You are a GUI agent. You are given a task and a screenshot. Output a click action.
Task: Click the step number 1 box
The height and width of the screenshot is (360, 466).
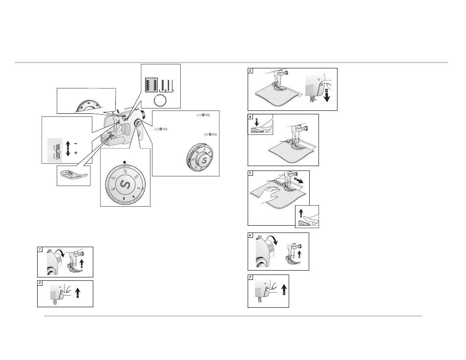[40, 250]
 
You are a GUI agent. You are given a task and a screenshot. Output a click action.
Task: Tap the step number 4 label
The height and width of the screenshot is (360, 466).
[250, 117]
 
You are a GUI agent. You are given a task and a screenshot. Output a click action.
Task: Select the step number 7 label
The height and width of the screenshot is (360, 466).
[250, 277]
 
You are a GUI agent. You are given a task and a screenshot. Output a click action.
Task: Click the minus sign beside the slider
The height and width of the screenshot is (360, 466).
[76, 144]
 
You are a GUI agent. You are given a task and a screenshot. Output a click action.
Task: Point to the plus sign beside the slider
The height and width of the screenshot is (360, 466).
[76, 153]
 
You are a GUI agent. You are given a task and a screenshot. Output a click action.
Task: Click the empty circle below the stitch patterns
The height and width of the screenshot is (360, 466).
[160, 101]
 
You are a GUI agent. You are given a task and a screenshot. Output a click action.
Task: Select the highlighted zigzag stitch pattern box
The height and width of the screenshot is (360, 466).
[151, 85]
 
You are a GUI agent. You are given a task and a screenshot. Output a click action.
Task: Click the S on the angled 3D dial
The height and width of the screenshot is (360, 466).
[204, 161]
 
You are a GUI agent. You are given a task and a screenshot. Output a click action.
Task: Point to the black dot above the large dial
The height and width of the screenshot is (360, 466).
[125, 162]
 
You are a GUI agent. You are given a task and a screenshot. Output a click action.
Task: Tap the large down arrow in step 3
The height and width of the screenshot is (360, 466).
[327, 93]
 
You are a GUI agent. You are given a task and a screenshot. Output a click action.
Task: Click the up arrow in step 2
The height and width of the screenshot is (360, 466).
[78, 292]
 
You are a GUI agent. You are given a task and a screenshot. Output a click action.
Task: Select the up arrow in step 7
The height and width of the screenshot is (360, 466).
[284, 289]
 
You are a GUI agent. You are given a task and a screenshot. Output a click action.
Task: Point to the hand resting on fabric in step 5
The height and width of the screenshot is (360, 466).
[271, 195]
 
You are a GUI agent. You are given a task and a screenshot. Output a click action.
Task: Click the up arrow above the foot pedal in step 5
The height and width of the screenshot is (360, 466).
[301, 213]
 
